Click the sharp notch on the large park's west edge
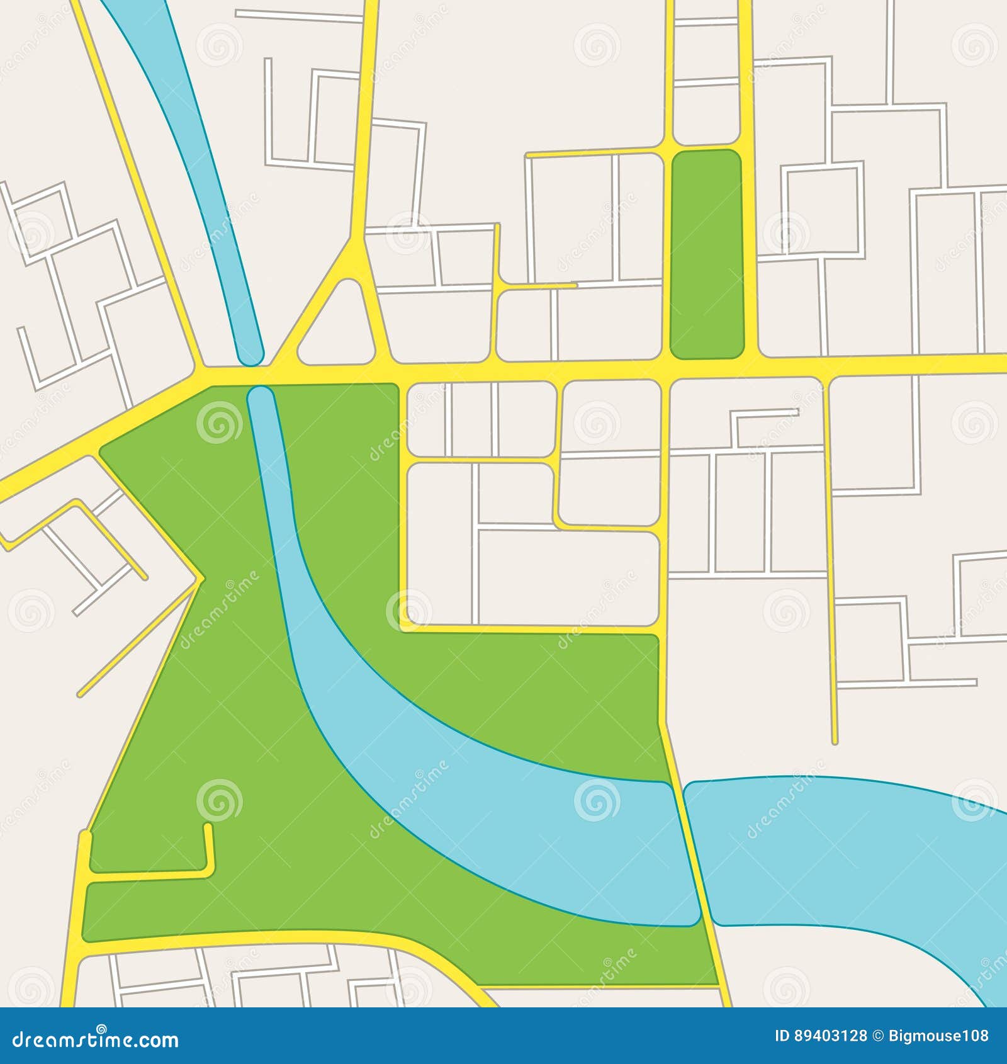tap(200, 578)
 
